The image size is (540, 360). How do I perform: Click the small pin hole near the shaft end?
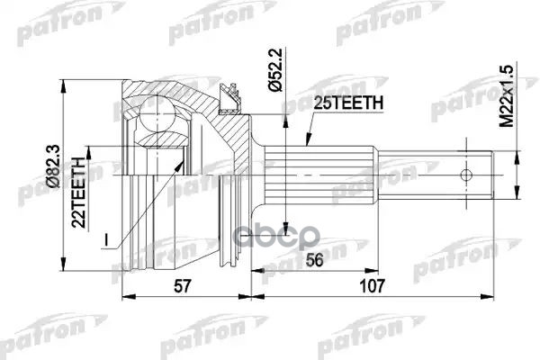pyautogui.click(x=467, y=174)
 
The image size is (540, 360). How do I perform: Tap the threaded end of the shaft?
pyautogui.click(x=472, y=174)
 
